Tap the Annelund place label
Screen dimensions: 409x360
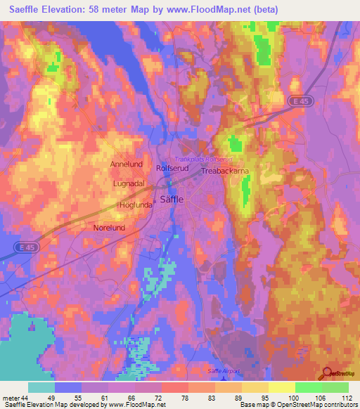coord(126,164)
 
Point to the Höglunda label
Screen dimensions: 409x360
coord(134,205)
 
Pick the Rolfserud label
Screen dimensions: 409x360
coord(171,169)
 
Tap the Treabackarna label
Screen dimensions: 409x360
coord(225,171)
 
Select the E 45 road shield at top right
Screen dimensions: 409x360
coord(301,102)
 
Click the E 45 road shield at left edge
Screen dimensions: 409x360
coord(25,247)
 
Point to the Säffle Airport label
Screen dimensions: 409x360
coord(224,370)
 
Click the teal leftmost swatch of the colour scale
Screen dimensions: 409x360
coord(41,387)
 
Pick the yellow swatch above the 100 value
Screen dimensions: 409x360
coord(281,387)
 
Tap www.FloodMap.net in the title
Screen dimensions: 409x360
coord(217,10)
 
